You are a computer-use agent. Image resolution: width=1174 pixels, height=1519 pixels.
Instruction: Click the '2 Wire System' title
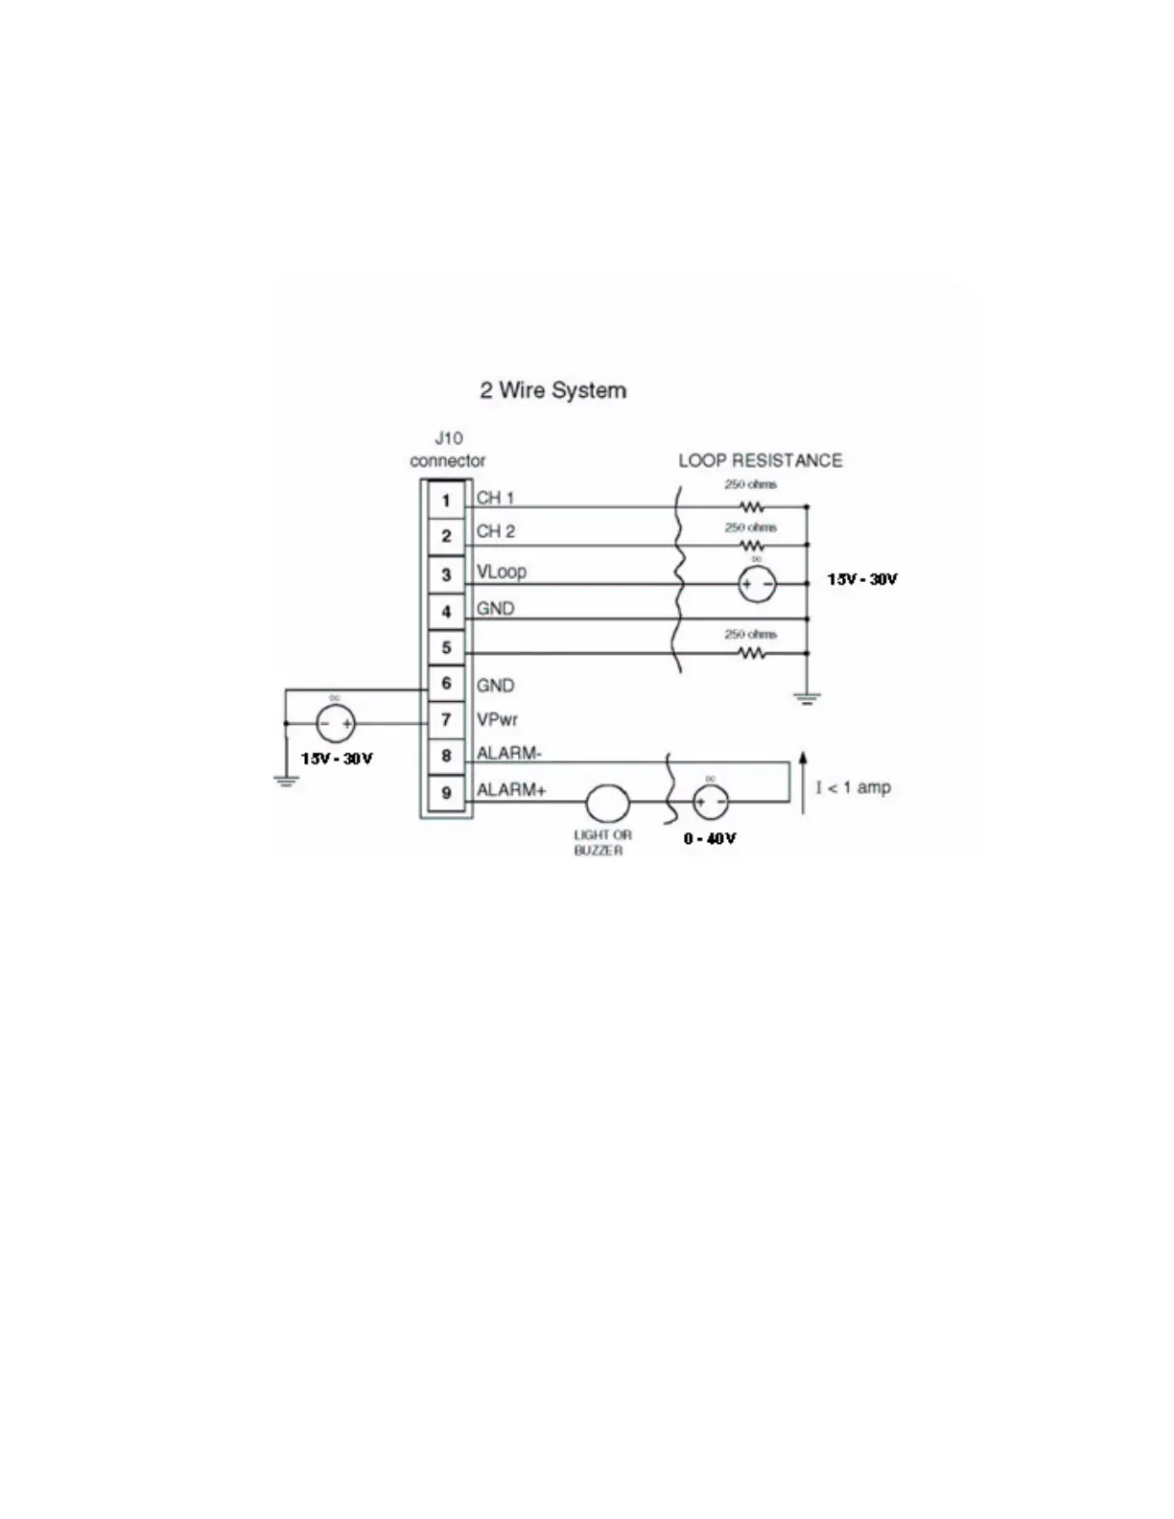[x=552, y=390]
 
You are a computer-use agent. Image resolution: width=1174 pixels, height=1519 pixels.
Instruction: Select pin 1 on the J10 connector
[x=446, y=501]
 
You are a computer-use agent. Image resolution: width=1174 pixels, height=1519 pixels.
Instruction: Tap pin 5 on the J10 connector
[x=446, y=647]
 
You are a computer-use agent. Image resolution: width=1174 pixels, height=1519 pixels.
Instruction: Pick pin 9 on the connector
[x=446, y=793]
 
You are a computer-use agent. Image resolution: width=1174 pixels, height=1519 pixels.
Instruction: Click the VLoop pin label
[x=502, y=572]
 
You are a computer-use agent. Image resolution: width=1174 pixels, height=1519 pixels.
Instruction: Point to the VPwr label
[x=498, y=719]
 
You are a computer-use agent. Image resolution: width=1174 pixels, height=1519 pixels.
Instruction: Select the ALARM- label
[x=509, y=754]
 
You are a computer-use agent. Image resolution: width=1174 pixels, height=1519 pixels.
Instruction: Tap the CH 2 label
[x=496, y=531]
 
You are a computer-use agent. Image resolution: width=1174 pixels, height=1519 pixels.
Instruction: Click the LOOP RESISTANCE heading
[x=760, y=460]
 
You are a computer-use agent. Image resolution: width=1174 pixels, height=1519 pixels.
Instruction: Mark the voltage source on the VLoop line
[x=757, y=584]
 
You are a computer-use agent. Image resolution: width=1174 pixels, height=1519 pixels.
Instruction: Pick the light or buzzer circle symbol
[x=607, y=803]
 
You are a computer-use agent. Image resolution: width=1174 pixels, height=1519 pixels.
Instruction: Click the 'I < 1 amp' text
[x=853, y=787]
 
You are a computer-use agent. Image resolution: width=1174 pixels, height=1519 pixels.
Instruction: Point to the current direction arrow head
[x=803, y=759]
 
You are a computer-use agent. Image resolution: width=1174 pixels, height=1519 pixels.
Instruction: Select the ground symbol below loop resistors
[x=807, y=698]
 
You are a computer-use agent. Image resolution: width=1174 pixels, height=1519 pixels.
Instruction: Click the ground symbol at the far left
[x=285, y=781]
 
